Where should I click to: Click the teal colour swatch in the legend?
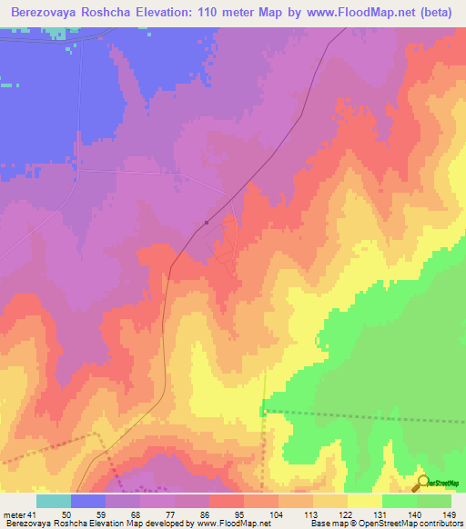pyautogui.click(x=53, y=501)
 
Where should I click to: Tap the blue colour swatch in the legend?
pyautogui.click(x=87, y=501)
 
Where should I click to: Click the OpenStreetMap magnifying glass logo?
pyautogui.click(x=421, y=483)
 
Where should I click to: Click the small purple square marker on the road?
pyautogui.click(x=208, y=222)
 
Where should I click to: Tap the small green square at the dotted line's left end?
pyautogui.click(x=262, y=412)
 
